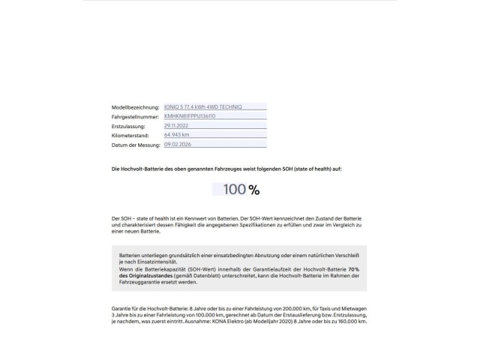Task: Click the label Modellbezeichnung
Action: pos(136,108)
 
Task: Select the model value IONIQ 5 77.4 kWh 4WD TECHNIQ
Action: pos(203,107)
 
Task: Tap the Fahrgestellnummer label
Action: pos(135,117)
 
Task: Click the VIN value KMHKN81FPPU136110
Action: pos(190,116)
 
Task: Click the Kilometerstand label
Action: pos(130,135)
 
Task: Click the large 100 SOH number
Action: pos(235,190)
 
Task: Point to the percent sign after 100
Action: pos(254,190)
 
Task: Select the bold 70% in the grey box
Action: pos(354,268)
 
